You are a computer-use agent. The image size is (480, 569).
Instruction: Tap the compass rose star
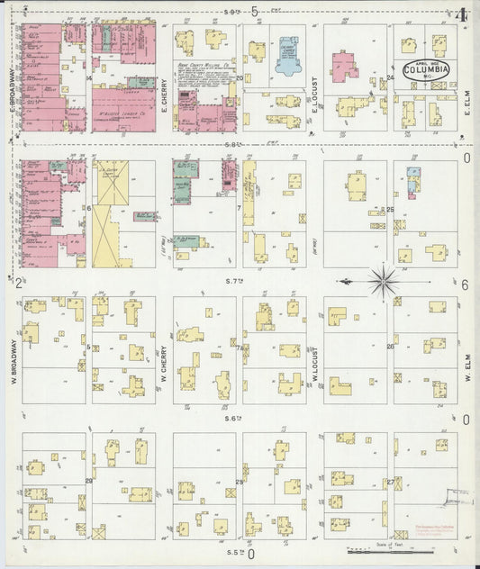[385, 281]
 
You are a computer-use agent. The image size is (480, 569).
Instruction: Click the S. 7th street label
[235, 282]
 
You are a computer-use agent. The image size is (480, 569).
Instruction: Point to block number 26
[390, 347]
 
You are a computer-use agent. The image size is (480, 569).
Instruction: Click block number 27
[390, 483]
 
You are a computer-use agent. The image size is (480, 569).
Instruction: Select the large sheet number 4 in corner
[461, 15]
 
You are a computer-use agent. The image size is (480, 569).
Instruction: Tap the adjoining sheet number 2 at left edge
[18, 283]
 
